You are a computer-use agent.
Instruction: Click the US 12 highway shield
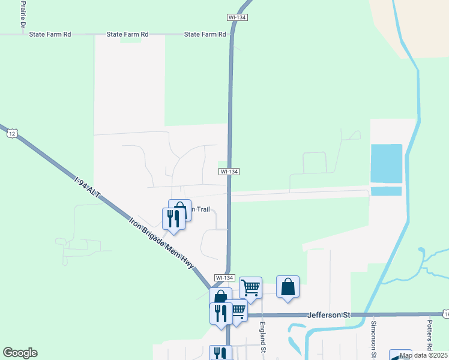pos(13,133)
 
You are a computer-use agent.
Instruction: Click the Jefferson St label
pos(328,314)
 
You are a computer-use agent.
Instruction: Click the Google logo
pos(20,353)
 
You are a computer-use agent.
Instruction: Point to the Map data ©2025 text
pos(423,355)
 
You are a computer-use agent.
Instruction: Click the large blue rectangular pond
pos(386,163)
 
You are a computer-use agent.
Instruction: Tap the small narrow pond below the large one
pos(386,191)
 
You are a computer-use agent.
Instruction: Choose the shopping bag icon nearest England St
pos(288,287)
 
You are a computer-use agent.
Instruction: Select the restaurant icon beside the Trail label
pos(173,218)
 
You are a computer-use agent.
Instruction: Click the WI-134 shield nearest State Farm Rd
pos(238,18)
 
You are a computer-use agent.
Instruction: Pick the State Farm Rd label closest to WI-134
pos(205,35)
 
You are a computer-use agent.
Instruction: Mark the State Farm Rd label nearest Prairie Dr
pos(50,35)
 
